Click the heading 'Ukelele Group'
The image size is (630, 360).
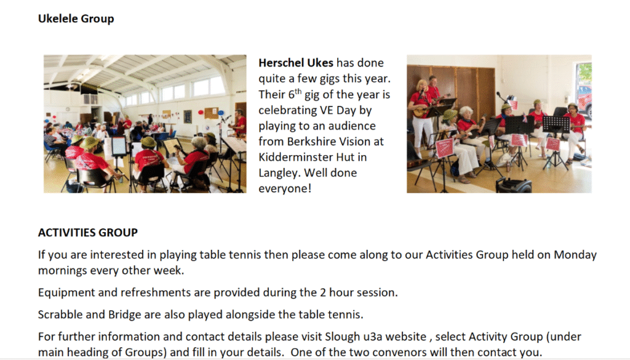pyautogui.click(x=76, y=19)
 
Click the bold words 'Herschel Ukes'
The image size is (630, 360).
pyautogui.click(x=296, y=63)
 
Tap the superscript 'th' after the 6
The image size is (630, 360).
pyautogui.click(x=298, y=91)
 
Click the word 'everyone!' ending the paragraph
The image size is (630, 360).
pyautogui.click(x=285, y=188)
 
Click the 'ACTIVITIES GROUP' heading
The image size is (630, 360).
pyautogui.click(x=88, y=233)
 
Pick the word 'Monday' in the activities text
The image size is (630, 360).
pyautogui.click(x=575, y=255)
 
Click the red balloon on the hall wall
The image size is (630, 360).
pyautogui.click(x=201, y=113)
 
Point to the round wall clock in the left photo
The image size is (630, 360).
pyautogui.click(x=68, y=110)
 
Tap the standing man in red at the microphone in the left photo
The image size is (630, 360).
pyautogui.click(x=241, y=124)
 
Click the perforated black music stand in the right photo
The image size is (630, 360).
pyautogui.click(x=556, y=124)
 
